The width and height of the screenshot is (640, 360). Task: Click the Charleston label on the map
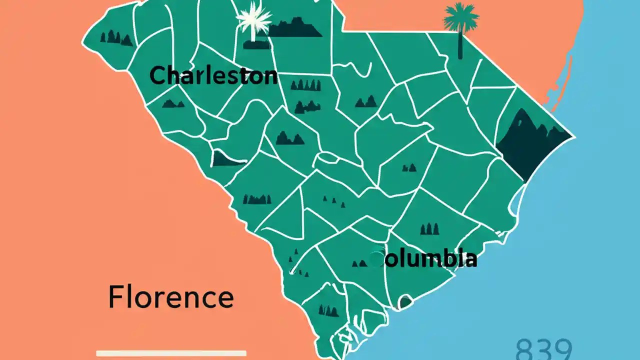pyautogui.click(x=213, y=75)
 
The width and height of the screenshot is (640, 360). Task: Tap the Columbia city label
pyautogui.click(x=425, y=259)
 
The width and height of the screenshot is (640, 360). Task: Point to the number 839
pyautogui.click(x=543, y=349)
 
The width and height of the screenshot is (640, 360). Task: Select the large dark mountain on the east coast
pyautogui.click(x=530, y=142)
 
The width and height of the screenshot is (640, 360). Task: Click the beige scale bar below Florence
pyautogui.click(x=171, y=353)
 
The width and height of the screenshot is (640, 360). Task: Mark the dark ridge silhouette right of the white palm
pyautogui.click(x=295, y=29)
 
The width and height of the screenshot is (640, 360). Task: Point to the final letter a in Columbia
pyautogui.click(x=470, y=259)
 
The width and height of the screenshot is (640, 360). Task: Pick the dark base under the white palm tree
pyautogui.click(x=256, y=45)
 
